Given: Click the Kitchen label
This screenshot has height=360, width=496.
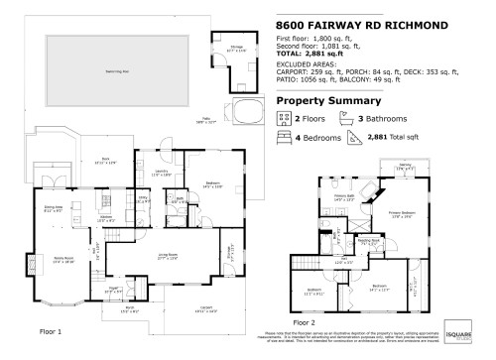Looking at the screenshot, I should (x=107, y=217).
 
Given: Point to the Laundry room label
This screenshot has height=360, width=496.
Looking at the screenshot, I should (x=161, y=173).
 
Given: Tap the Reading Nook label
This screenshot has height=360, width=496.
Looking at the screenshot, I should (x=369, y=241).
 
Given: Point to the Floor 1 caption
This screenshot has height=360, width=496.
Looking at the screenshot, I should (x=50, y=330).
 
